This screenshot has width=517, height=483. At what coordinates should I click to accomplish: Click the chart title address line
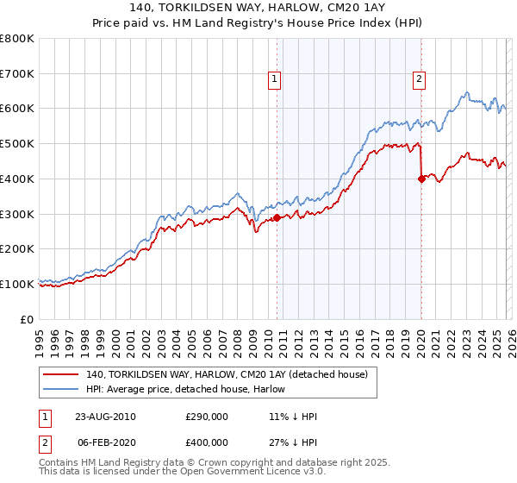tap(258, 9)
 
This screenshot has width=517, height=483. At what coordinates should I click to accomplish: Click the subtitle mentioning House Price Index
tap(258, 23)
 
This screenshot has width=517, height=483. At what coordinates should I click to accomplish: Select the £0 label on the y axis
tap(26, 319)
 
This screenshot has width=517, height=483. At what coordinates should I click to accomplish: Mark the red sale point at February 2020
tap(421, 179)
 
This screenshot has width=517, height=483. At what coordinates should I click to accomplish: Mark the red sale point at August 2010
tap(277, 217)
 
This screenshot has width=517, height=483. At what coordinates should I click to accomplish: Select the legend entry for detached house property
tap(227, 374)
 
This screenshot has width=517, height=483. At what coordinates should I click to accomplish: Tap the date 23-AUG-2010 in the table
tap(105, 417)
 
